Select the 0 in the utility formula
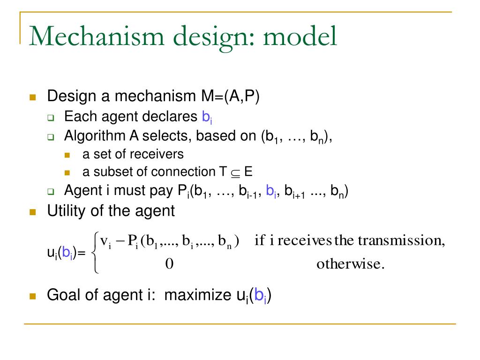tap(169, 264)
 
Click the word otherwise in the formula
tap(351, 264)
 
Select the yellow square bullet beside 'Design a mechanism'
tap(32, 97)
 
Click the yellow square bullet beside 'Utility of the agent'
tap(32, 211)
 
